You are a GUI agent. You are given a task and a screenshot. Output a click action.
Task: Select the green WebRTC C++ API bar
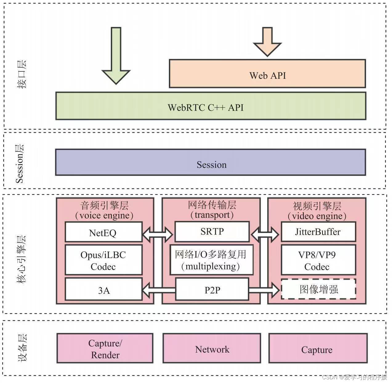point(211,106)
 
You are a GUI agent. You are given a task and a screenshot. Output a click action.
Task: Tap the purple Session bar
point(211,162)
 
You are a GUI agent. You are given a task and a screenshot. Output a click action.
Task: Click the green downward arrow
point(116,55)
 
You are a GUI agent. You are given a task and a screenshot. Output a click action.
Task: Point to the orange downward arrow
point(267,42)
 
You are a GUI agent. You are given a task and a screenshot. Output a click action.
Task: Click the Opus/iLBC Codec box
point(103,260)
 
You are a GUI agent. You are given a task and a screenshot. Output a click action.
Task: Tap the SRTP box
point(212,232)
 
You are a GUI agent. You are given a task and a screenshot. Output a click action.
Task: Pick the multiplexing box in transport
point(212,260)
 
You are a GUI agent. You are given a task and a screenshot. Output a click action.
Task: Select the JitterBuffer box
point(318,232)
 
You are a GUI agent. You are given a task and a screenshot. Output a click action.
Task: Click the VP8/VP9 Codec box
point(318,260)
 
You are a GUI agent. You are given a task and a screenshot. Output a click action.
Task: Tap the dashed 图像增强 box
point(319,289)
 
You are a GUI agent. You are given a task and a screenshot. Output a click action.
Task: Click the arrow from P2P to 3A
point(158,290)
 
